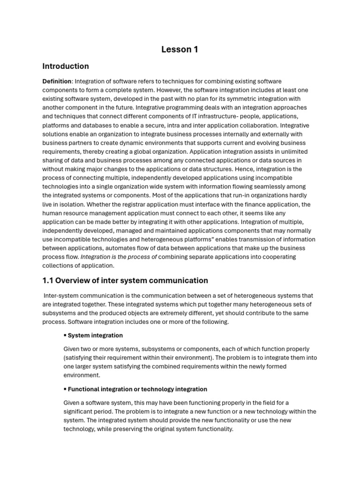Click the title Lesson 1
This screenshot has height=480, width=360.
180,50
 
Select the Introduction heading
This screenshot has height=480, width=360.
66,66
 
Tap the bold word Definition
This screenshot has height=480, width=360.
57,82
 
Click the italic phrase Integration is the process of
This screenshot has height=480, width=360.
119,257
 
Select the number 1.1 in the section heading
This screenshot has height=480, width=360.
49,281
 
